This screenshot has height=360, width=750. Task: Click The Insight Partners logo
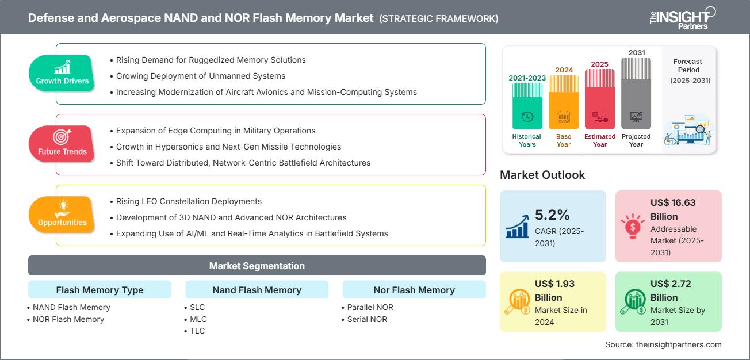682,17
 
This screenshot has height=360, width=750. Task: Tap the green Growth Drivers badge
62,73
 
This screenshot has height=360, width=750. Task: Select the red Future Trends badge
62,144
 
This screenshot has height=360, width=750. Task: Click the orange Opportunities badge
62,215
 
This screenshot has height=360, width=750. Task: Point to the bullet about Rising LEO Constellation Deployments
189,201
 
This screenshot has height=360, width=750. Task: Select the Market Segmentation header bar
257,266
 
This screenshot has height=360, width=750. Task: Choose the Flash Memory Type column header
100,290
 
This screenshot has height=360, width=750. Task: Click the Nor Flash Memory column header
414,290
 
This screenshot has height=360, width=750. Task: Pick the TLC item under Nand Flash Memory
197,331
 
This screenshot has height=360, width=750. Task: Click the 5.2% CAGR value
552,215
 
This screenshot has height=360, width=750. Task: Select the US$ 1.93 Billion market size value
555,290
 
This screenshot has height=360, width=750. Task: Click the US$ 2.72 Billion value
671,290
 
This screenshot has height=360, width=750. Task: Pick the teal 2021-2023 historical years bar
527,106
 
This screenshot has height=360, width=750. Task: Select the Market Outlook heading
542,175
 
